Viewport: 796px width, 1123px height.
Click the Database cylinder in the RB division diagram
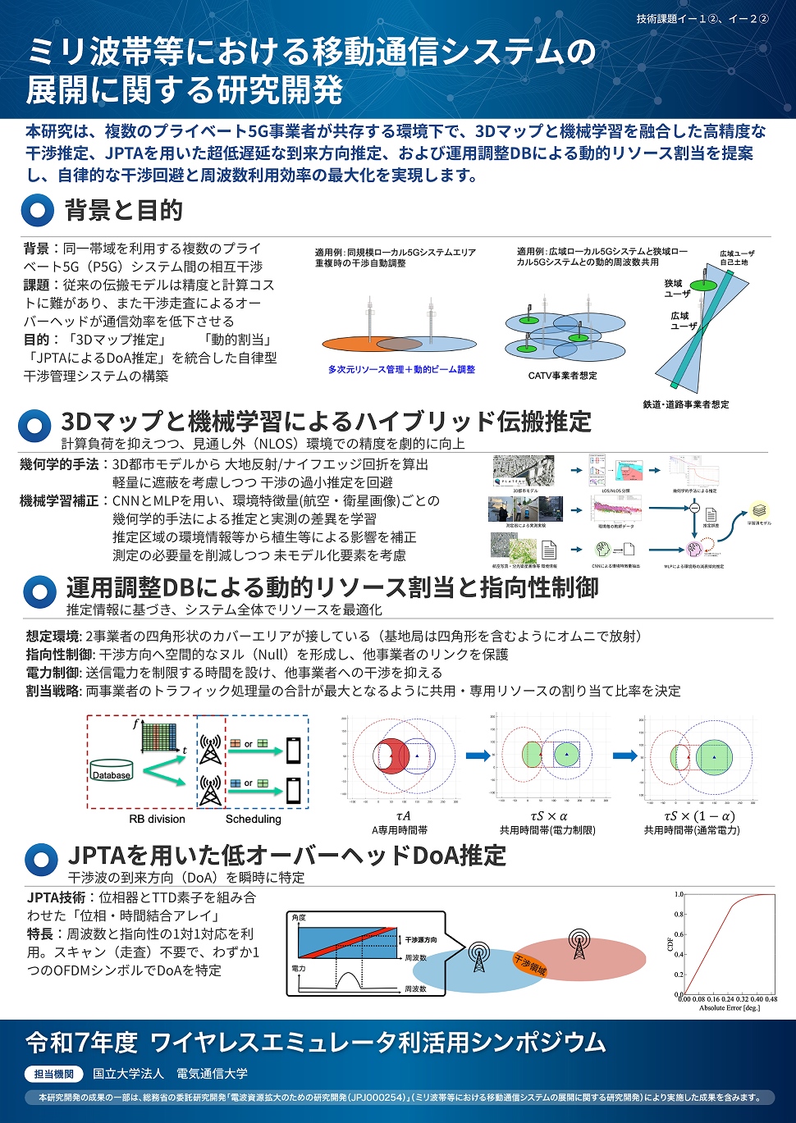coord(112,770)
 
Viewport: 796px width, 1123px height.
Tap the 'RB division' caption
coord(157,819)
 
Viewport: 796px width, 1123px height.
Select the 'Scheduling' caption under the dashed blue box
coord(253,819)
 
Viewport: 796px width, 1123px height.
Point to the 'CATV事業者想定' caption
coord(562,376)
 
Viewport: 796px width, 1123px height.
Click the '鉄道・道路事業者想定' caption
coord(686,404)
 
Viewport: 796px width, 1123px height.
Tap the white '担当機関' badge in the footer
coord(54,1074)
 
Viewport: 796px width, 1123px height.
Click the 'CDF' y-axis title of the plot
coord(670,944)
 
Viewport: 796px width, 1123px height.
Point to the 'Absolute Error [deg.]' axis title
coord(730,1008)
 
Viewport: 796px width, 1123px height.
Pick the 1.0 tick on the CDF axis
coord(679,894)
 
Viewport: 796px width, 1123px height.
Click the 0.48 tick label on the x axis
coord(771,999)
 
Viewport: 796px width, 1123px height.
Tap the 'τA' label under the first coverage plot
coord(403,816)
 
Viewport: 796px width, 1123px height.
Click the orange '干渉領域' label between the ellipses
coord(530,966)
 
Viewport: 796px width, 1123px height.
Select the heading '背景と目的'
coord(124,210)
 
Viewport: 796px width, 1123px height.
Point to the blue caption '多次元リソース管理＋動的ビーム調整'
coord(401,370)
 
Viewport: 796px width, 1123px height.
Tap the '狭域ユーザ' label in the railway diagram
coord(677,288)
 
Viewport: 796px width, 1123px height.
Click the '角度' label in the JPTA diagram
coord(299,918)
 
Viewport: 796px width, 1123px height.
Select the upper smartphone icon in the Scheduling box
coord(293,750)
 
